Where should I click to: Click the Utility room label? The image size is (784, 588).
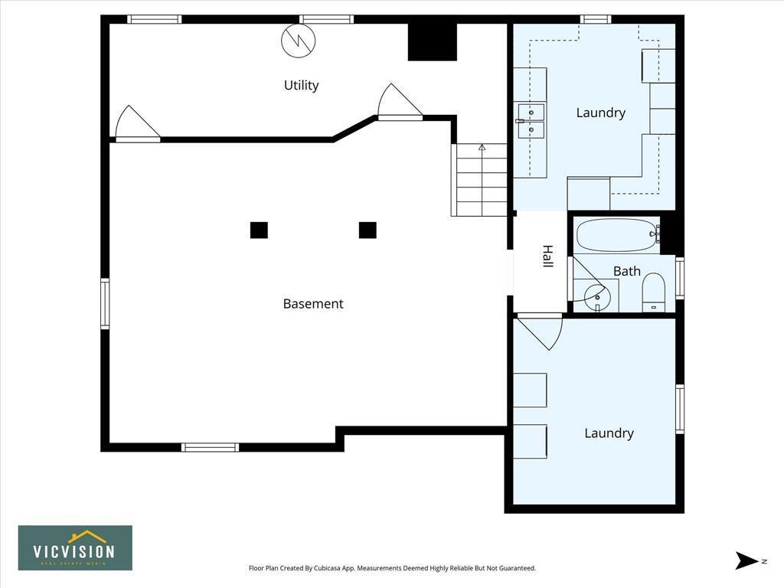(x=301, y=85)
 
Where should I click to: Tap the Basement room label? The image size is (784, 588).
(x=313, y=304)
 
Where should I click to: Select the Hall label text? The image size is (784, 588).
(x=547, y=256)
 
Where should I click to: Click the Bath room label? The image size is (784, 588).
(x=626, y=271)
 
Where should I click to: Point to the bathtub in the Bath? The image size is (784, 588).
(x=616, y=235)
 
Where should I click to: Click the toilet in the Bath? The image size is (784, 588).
(x=653, y=292)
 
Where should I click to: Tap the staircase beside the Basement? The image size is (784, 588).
(x=479, y=180)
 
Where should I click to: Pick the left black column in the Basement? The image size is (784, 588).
(x=259, y=230)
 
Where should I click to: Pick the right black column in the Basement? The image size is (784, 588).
(x=367, y=230)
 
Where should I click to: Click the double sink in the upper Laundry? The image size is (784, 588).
(x=531, y=122)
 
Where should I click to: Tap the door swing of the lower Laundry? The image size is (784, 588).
(x=543, y=330)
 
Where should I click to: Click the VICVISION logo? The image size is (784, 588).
(x=75, y=547)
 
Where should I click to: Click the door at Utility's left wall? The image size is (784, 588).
(x=136, y=125)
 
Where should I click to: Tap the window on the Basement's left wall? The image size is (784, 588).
(x=105, y=304)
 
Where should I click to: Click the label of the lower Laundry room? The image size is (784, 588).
(x=609, y=433)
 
